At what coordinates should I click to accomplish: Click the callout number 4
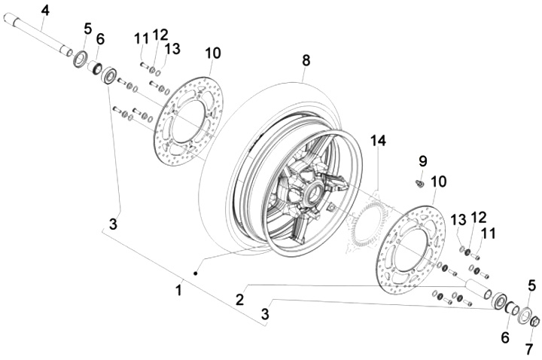pos(45,11)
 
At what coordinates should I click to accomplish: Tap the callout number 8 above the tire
pos(306,60)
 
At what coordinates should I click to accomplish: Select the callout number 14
pos(378,141)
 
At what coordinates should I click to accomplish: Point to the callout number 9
pos(423,161)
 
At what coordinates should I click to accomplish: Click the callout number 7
pos(529,349)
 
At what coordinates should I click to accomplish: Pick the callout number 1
pos(178,290)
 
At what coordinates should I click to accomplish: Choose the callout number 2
pos(240,300)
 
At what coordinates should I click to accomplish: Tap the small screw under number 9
pos(420,183)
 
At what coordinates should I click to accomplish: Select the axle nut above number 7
pos(534,322)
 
